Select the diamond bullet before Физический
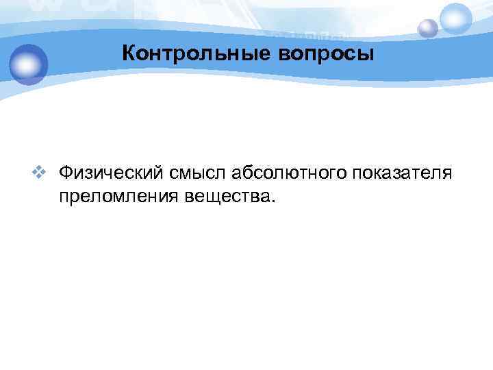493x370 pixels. [x=46, y=172]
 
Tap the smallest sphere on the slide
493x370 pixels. [x=428, y=28]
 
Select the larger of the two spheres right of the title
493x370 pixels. [x=456, y=18]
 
